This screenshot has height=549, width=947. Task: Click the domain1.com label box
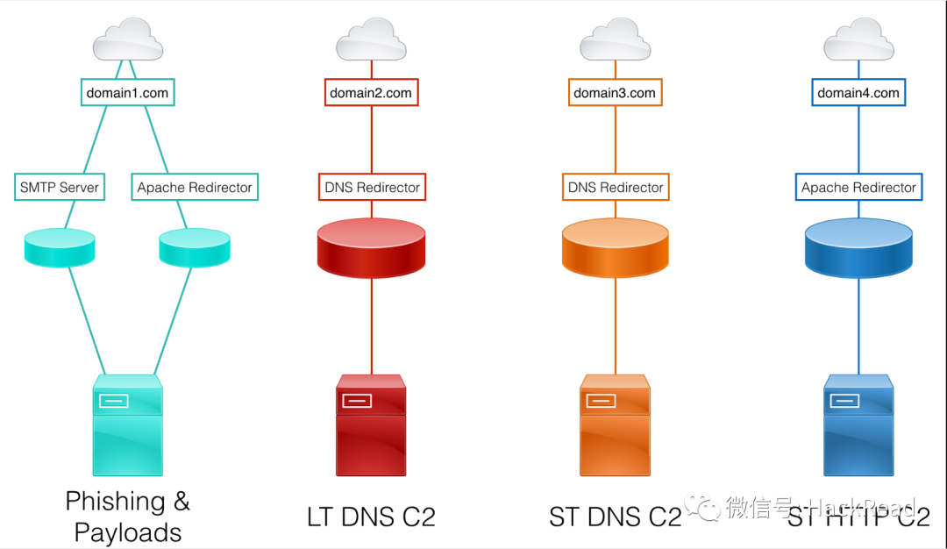tap(127, 92)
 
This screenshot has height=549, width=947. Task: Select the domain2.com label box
tap(371, 92)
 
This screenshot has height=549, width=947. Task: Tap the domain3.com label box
tap(615, 92)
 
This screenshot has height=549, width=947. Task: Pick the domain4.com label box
tap(858, 92)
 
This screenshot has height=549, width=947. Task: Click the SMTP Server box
tap(61, 187)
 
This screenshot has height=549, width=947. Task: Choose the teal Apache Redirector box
tap(195, 187)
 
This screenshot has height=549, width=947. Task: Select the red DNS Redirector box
tap(372, 187)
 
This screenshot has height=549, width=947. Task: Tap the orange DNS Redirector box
tap(616, 187)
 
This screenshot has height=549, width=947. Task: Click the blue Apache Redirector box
tap(858, 187)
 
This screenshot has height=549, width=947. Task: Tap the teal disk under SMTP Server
tap(59, 247)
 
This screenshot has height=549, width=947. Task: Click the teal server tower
tap(128, 425)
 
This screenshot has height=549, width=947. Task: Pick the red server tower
tap(371, 425)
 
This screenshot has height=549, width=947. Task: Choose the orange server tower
tap(615, 425)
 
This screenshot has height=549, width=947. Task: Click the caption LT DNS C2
tap(371, 517)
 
